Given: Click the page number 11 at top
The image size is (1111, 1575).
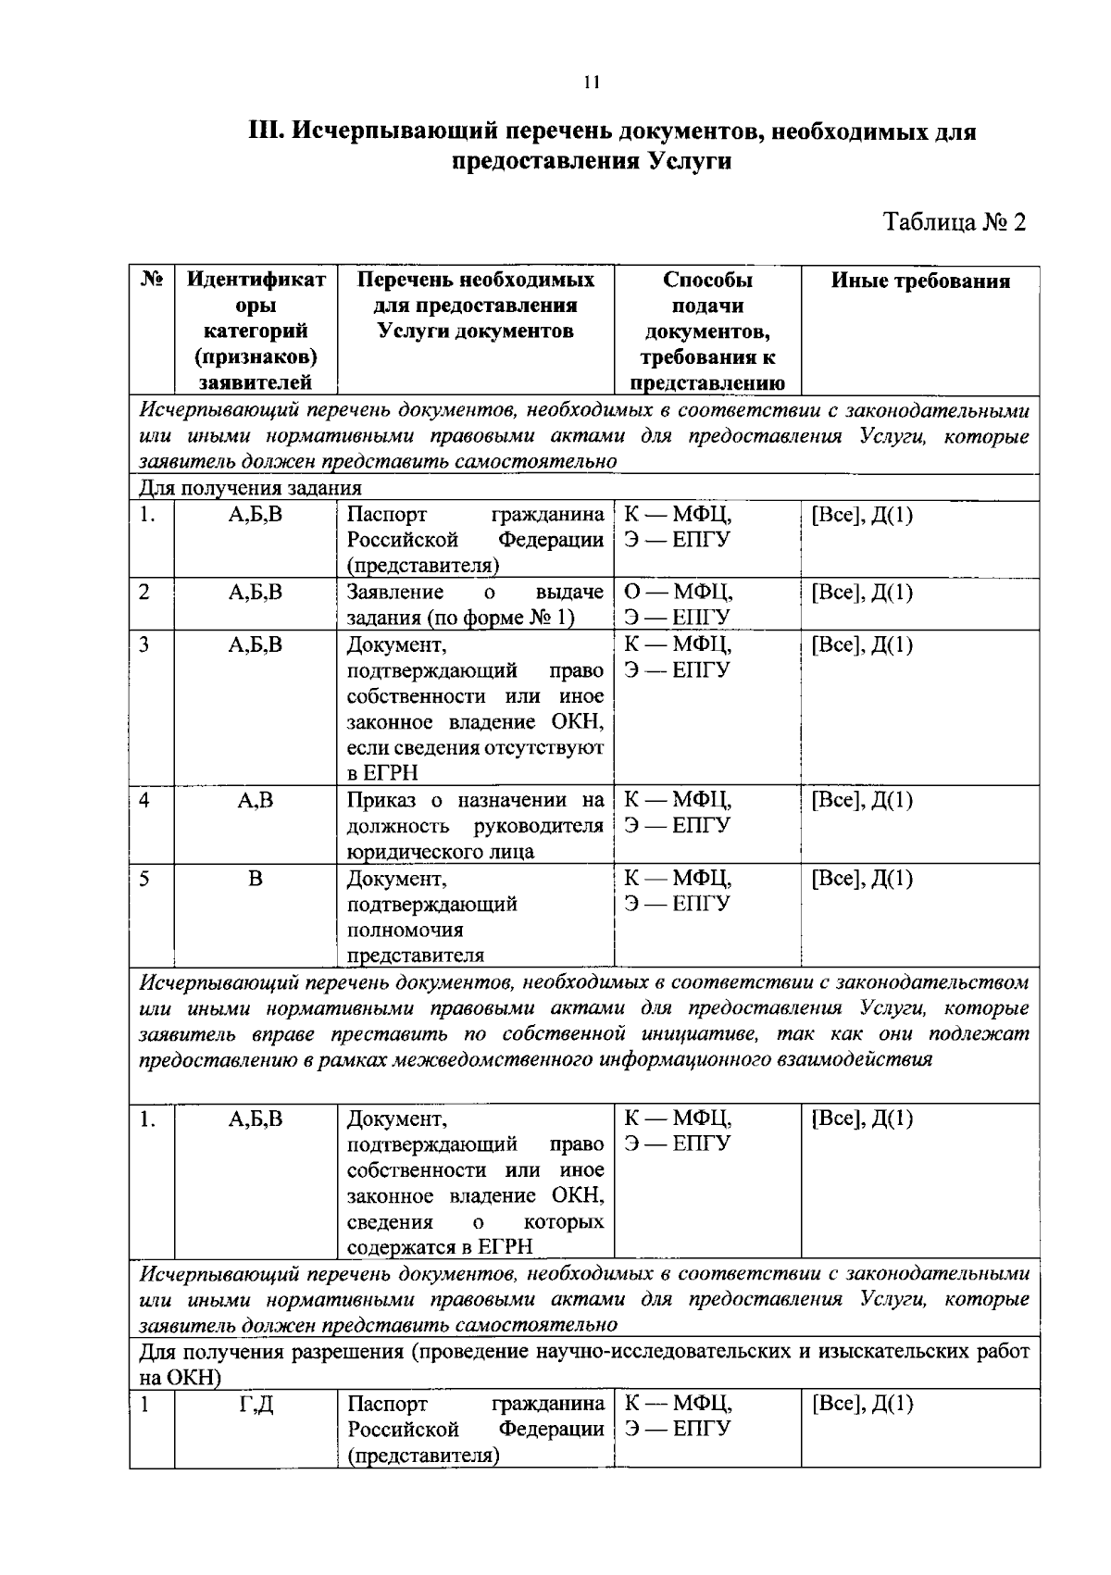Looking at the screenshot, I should tap(593, 82).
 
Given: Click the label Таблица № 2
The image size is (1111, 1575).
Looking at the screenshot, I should tap(955, 222).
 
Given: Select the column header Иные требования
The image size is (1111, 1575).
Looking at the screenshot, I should tap(919, 281).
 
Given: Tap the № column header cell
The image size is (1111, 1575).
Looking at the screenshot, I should tap(153, 280).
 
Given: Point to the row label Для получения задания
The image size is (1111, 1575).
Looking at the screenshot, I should tap(250, 487).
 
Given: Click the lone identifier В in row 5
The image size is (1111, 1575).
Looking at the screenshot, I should tap(256, 878).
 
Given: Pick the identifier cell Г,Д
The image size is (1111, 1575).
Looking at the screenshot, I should tap(256, 1404).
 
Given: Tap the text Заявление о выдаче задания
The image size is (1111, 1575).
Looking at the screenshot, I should tap(475, 605).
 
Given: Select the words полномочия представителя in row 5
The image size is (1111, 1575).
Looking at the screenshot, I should tap(416, 943).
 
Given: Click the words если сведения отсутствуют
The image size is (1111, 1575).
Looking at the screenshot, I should tap(475, 747).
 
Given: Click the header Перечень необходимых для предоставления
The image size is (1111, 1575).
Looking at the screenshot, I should tap(475, 293).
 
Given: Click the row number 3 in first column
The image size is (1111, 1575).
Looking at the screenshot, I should tap(144, 644).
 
